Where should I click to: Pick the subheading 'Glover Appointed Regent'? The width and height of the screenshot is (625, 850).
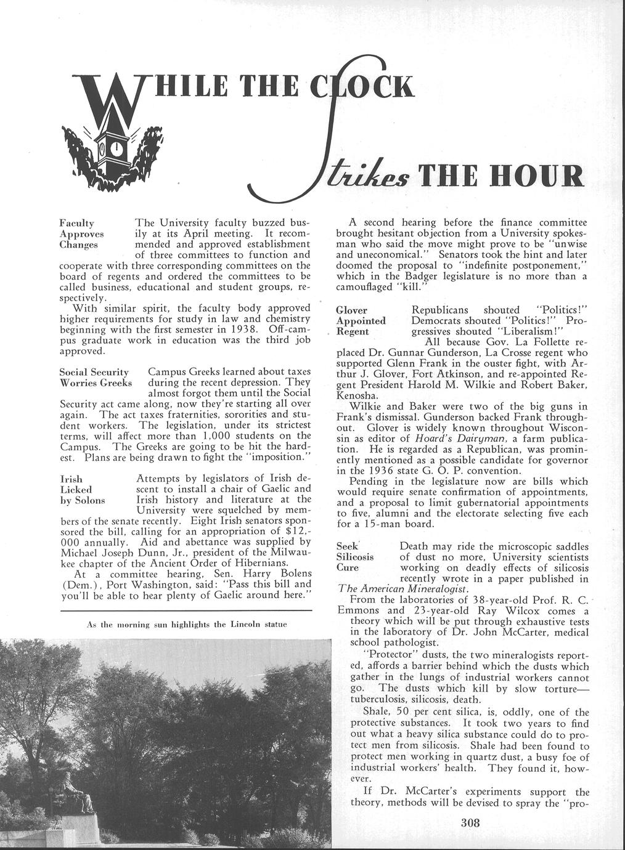point(361,320)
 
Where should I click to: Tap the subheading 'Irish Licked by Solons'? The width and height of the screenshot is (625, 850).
point(82,489)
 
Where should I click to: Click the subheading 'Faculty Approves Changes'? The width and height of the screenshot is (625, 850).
point(81,233)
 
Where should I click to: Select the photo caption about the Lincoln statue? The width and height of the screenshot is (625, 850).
point(187,624)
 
